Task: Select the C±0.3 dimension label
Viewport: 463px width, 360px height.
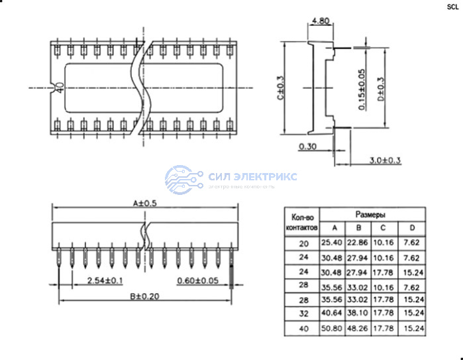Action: (280, 88)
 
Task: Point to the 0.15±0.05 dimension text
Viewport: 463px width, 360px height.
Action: (362, 90)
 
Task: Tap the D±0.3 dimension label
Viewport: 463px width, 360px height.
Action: (380, 90)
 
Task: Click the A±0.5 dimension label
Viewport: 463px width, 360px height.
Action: (145, 203)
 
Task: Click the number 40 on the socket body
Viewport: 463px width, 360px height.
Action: (60, 88)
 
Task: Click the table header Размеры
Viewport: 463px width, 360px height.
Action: (370, 215)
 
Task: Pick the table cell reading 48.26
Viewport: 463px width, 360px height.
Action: (358, 328)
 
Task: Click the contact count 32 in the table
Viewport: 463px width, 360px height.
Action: (303, 314)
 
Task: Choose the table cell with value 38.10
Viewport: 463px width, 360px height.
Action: (358, 314)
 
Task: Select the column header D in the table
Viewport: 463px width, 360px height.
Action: (411, 228)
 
